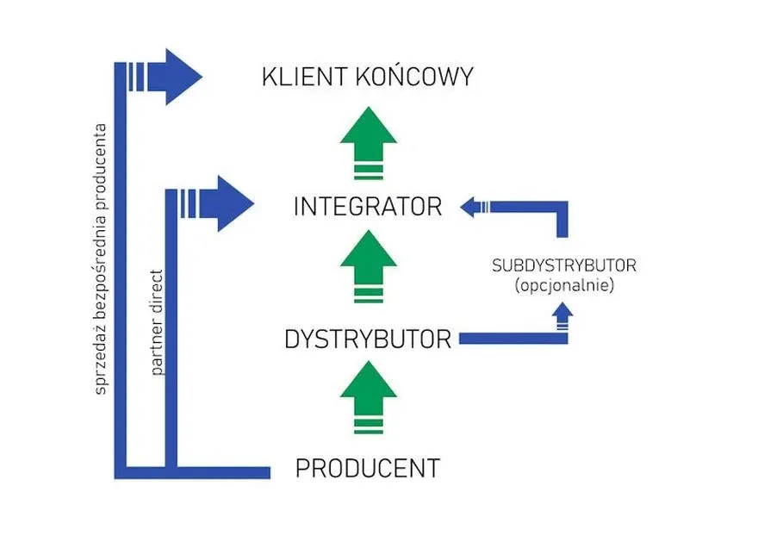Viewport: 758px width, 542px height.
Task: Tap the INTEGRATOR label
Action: point(368,208)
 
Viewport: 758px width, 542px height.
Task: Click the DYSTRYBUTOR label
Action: point(368,340)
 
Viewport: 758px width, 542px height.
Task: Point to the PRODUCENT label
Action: point(368,469)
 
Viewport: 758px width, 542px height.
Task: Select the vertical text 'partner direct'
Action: point(158,321)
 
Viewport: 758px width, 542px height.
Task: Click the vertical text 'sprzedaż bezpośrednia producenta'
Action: point(101,259)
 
